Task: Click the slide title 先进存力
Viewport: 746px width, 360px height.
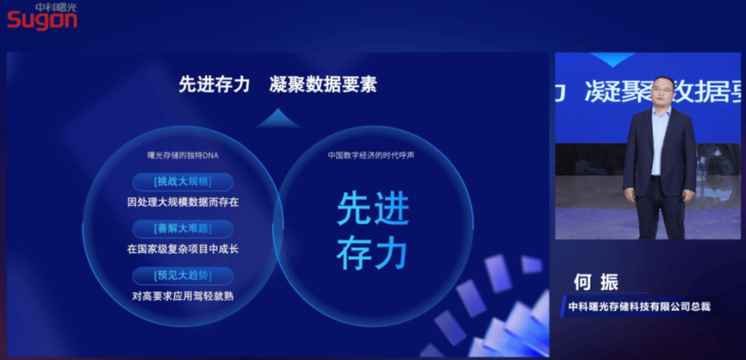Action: tap(214, 85)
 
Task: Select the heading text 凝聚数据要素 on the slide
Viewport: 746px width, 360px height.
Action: tap(322, 85)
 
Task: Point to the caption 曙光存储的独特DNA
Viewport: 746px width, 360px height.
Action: tap(183, 155)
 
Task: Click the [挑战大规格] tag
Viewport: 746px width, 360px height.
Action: tap(183, 182)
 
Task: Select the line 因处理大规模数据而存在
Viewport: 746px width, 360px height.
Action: tap(183, 202)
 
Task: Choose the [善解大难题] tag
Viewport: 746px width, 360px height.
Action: tap(183, 228)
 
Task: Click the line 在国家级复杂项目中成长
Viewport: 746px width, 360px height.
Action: tap(183, 250)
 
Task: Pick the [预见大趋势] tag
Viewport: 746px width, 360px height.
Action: tap(183, 274)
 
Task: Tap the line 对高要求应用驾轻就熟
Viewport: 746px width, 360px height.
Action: tap(183, 295)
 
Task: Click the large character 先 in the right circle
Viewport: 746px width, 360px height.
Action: tap(354, 209)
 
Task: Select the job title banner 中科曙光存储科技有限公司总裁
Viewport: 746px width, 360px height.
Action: tap(639, 306)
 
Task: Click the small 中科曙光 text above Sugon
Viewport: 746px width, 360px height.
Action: tap(56, 6)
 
